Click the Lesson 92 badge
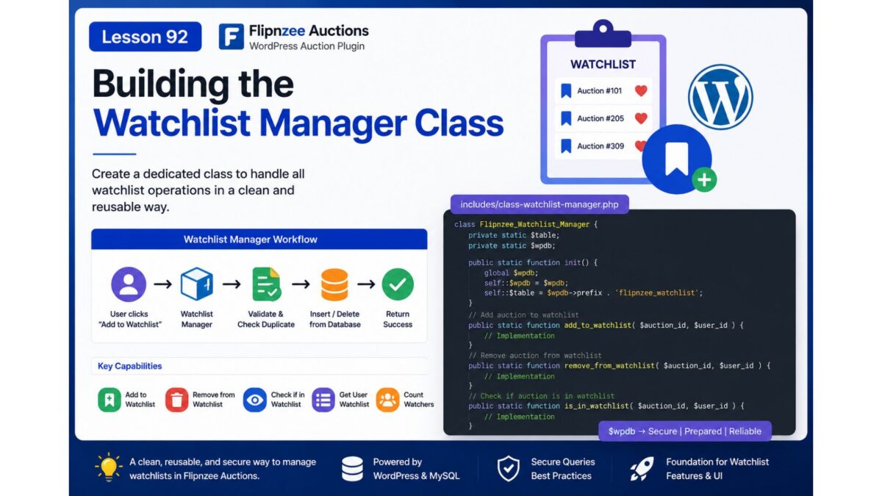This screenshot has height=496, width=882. click(x=146, y=37)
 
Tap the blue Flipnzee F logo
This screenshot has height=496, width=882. click(x=231, y=37)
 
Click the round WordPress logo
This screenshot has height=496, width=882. click(x=720, y=97)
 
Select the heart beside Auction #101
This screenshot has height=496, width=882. click(x=641, y=91)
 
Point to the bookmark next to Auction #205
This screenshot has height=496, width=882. click(x=566, y=118)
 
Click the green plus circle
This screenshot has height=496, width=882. click(x=704, y=180)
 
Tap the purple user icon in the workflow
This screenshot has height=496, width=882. click(x=129, y=284)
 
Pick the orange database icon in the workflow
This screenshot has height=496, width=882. click(x=334, y=284)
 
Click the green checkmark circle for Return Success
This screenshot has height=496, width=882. click(x=398, y=284)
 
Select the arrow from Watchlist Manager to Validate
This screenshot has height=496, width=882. click(x=232, y=284)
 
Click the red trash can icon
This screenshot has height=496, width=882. click(x=176, y=400)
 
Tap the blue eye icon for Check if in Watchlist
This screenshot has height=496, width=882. click(x=255, y=400)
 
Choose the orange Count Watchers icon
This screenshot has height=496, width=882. click(x=387, y=400)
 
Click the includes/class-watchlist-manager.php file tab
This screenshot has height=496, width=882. click(x=539, y=204)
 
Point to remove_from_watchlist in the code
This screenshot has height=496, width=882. click(x=609, y=366)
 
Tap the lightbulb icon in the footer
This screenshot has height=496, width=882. click(x=109, y=467)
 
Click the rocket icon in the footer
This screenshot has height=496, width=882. click(x=642, y=469)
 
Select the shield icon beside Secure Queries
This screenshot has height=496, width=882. click(x=509, y=469)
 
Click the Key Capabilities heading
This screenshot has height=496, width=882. click(x=129, y=366)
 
